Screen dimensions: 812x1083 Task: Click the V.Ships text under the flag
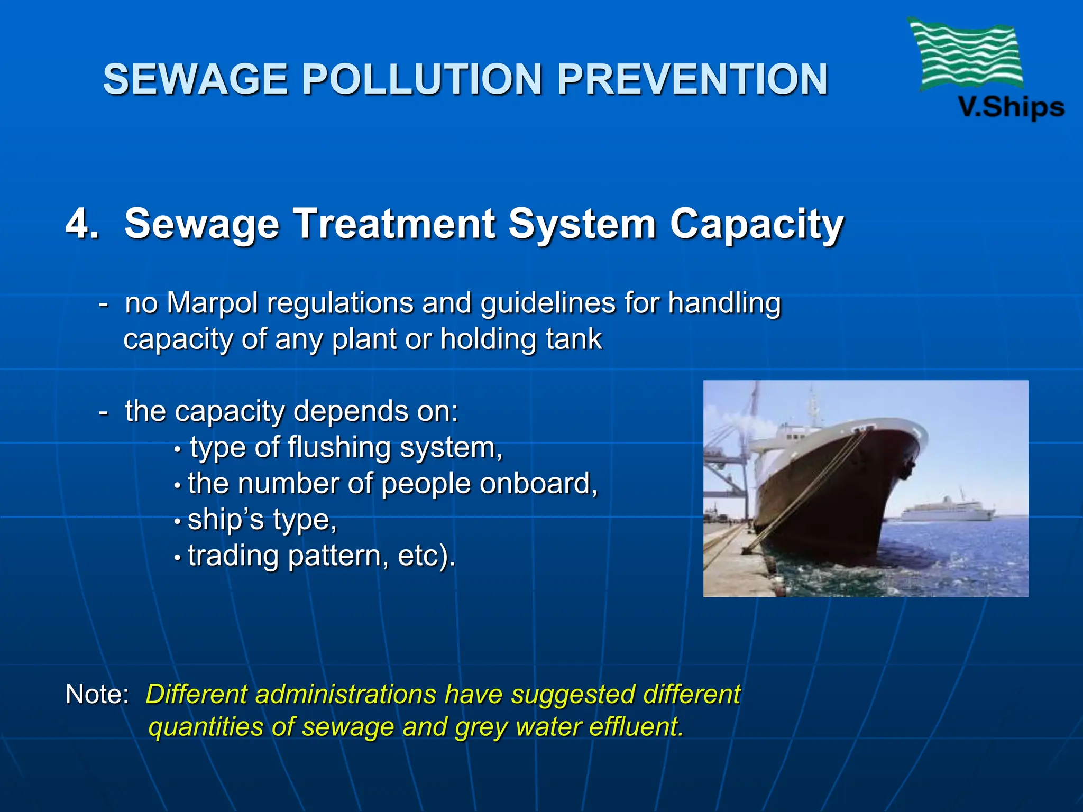[1011, 107]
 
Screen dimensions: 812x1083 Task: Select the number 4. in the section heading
[82, 224]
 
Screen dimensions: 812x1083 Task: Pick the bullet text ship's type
[262, 520]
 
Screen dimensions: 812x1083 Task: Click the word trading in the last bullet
[233, 556]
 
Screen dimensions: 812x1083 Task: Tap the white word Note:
[97, 694]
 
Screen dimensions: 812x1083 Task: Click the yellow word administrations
[346, 694]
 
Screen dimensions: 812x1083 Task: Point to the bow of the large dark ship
[907, 439]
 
